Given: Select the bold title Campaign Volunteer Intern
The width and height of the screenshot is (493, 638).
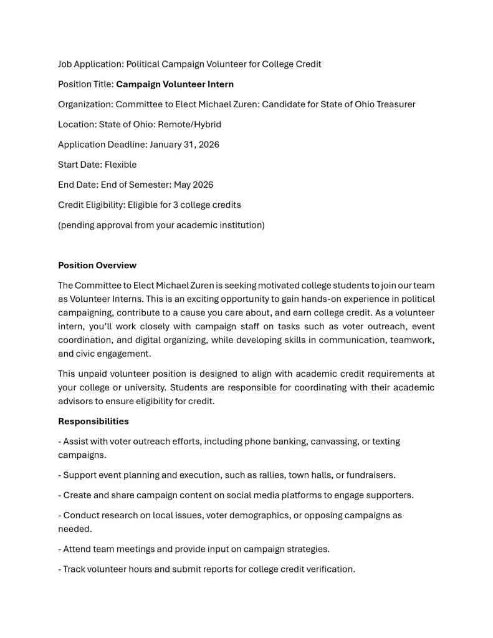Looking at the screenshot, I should (x=175, y=84).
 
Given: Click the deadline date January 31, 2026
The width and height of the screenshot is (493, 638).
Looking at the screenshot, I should (x=184, y=144).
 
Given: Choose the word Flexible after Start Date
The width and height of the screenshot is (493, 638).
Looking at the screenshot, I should (x=120, y=165).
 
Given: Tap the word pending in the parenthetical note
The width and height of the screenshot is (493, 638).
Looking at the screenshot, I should (x=77, y=225).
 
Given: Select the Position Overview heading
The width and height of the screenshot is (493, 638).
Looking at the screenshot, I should (x=97, y=265).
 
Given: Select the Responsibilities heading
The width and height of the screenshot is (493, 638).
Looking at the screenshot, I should (x=93, y=421).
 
